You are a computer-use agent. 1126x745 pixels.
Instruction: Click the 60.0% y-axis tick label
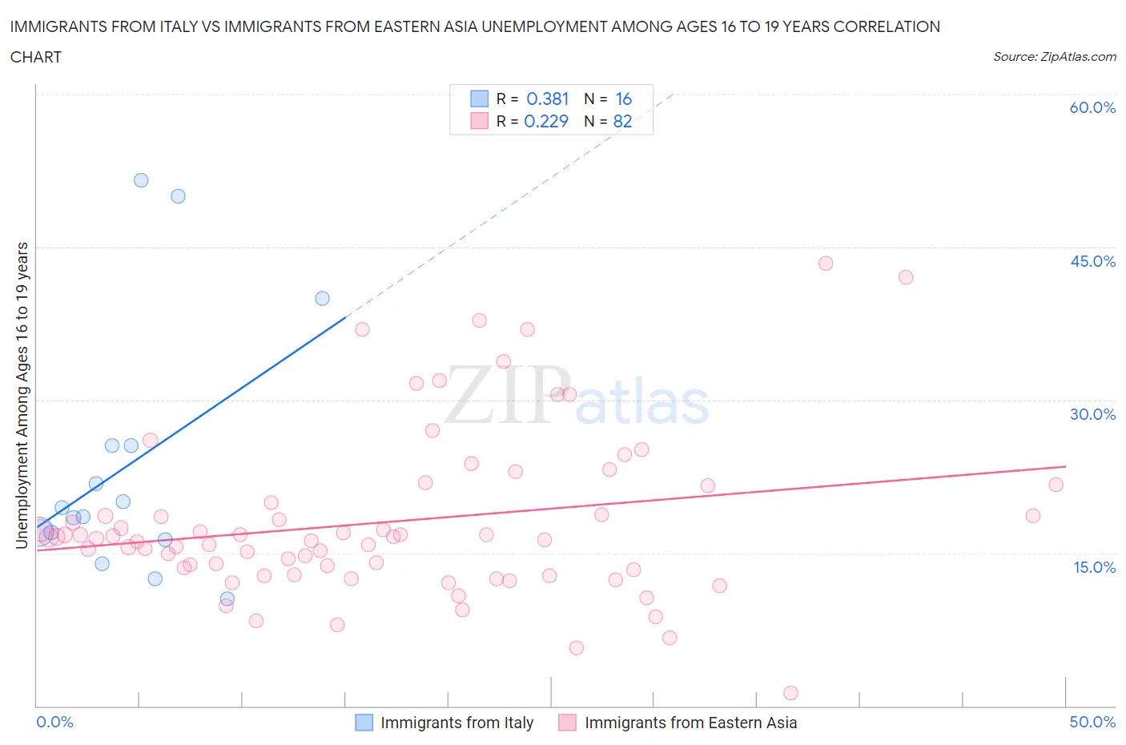pyautogui.click(x=1092, y=107)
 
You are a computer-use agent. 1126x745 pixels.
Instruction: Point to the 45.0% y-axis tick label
pyautogui.click(x=1092, y=261)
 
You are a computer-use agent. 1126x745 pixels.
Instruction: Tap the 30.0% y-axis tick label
pyautogui.click(x=1092, y=414)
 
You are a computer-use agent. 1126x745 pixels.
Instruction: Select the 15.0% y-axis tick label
pyautogui.click(x=1092, y=567)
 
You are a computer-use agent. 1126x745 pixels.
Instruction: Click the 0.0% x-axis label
pyautogui.click(x=54, y=722)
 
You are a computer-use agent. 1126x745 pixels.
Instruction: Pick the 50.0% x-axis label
pyautogui.click(x=1092, y=722)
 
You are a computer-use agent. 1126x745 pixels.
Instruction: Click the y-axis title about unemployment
pyautogui.click(x=22, y=396)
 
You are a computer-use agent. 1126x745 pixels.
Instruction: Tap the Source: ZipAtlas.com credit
pyautogui.click(x=1054, y=56)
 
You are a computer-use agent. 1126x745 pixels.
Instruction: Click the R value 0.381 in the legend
pyautogui.click(x=547, y=99)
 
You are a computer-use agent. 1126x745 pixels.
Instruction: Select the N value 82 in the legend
pyautogui.click(x=622, y=121)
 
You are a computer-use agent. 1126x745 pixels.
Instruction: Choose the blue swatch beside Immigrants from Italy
pyautogui.click(x=364, y=723)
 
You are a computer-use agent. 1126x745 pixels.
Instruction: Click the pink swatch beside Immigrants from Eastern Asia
pyautogui.click(x=568, y=723)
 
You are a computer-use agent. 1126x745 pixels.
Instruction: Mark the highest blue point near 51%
pyautogui.click(x=141, y=180)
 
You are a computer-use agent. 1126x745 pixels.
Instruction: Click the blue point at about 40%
pyautogui.click(x=322, y=298)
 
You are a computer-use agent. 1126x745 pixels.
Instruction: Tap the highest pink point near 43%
pyautogui.click(x=826, y=264)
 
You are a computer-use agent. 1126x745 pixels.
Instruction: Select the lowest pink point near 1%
pyautogui.click(x=790, y=693)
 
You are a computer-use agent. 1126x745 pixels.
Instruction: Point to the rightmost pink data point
pyautogui.click(x=1056, y=485)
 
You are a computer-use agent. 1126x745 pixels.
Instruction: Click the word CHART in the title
pyautogui.click(x=36, y=57)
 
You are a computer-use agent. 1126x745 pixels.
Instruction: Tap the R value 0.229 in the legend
pyautogui.click(x=545, y=121)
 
